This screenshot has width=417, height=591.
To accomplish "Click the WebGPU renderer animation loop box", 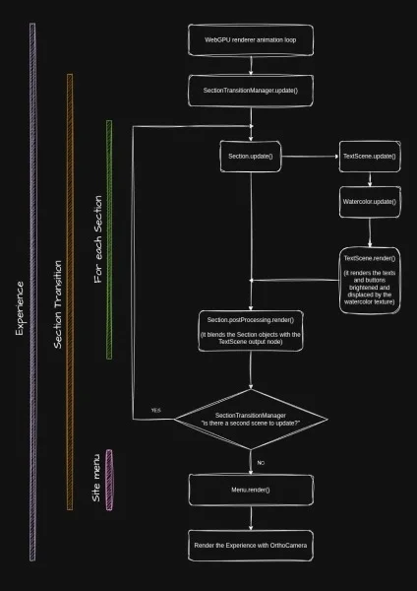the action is coord(251,40).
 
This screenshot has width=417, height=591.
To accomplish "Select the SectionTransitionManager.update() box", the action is coord(251,91).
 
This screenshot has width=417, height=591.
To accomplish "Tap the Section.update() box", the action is coord(251,157).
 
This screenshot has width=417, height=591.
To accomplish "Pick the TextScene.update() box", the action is coord(370,157).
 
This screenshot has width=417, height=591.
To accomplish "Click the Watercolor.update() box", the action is coord(370,202).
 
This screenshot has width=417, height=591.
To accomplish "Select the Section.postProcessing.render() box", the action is coord(251,331).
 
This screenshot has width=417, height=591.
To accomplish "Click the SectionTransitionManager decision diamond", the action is coord(251,420).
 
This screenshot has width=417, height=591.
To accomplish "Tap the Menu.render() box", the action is coord(251,490).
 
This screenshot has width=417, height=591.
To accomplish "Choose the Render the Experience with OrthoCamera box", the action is coord(251,546).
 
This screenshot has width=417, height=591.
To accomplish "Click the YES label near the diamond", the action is coord(156,410).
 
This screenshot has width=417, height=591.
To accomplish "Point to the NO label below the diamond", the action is coord(261,463).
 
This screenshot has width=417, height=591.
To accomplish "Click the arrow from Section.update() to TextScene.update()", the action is coord(310,156).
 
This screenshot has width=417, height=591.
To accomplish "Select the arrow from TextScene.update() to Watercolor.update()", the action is coord(370,179).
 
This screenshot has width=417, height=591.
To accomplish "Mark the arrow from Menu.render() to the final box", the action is coord(251,518).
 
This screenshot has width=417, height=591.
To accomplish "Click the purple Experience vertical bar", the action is coord(32,293).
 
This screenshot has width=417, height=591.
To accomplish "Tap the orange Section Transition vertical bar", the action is coord(70,293).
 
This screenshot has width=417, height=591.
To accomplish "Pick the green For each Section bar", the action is coord(109,239).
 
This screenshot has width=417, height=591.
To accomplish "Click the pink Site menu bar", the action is coord(109,480).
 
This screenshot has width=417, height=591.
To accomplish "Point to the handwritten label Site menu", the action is coord(96,478).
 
